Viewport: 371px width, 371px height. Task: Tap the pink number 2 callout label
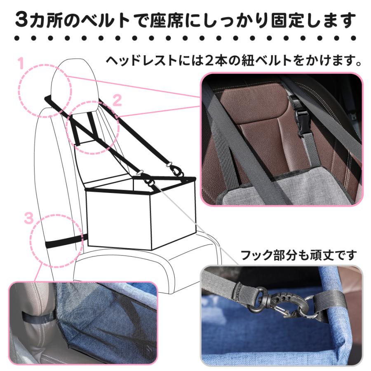[117, 100]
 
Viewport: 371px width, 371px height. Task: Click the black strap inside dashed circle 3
[62, 242]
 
